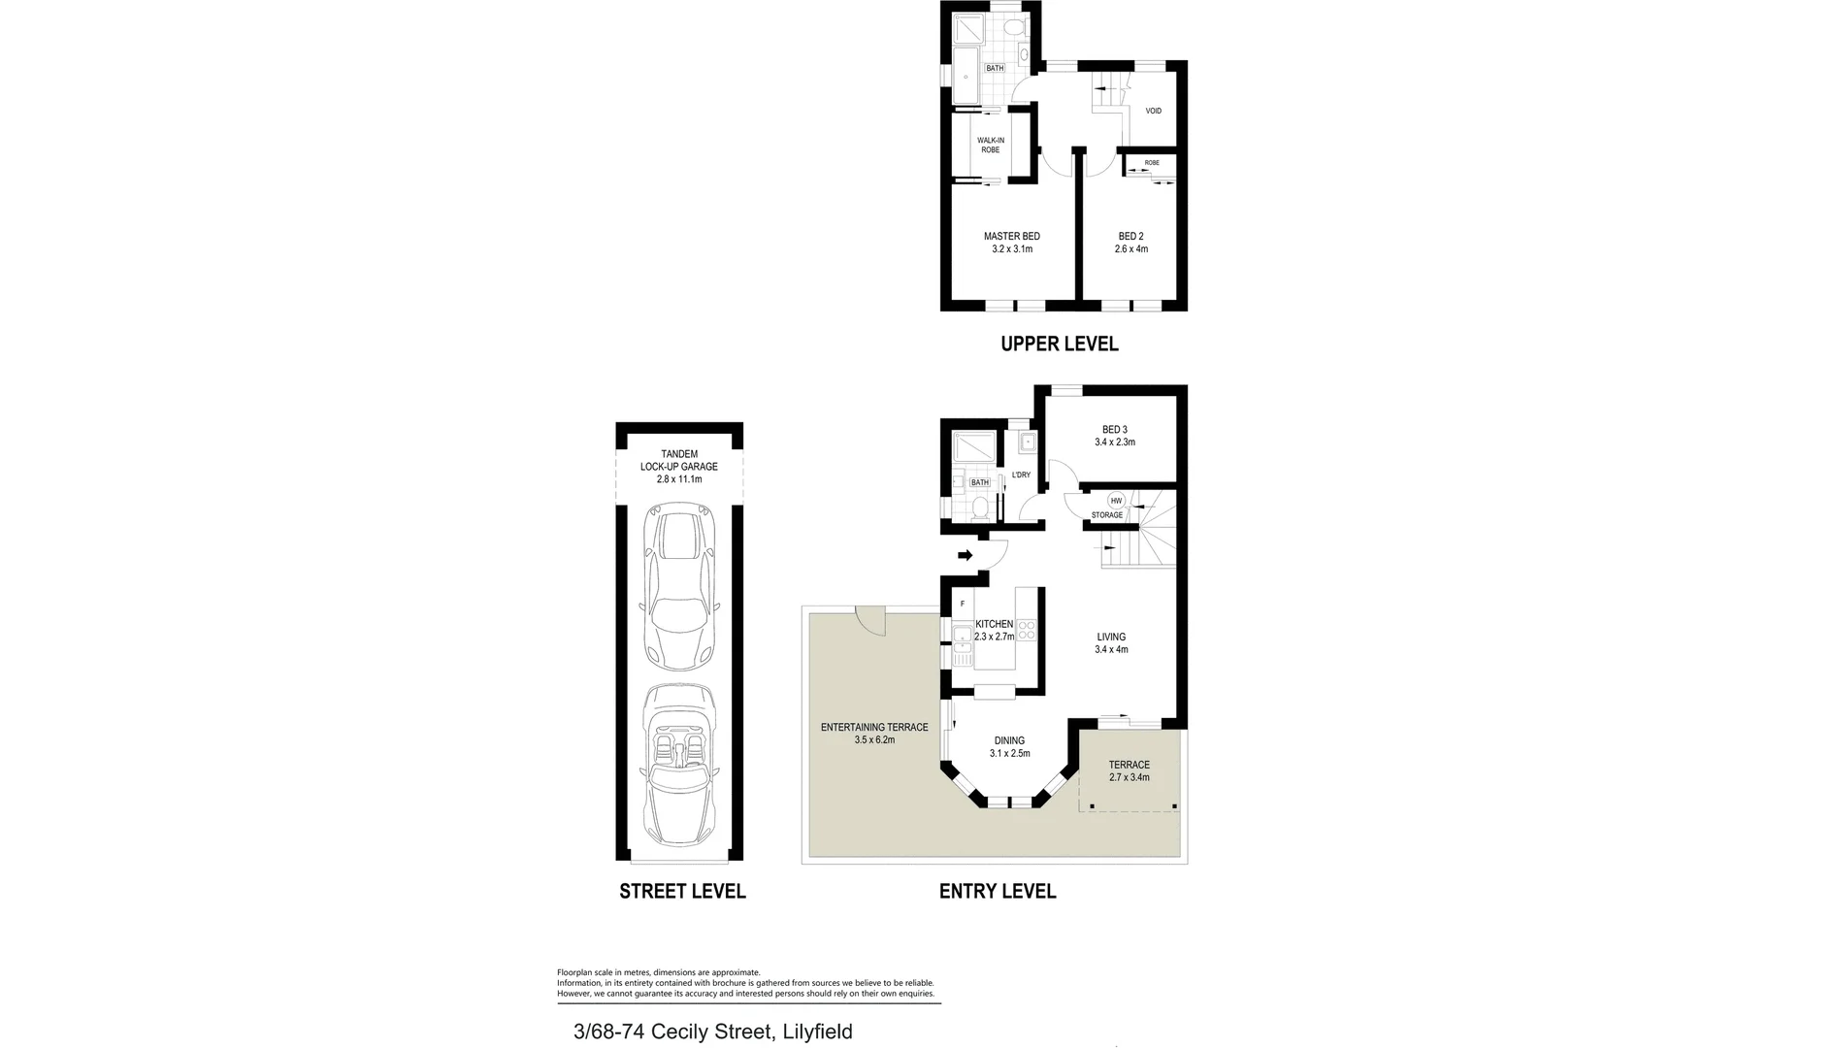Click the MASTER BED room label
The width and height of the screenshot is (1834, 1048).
coord(1011,236)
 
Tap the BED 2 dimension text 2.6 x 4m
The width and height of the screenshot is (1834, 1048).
coord(1130,249)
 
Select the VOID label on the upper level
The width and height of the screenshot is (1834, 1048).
coord(1153,111)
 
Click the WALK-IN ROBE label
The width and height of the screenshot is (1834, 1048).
coord(990,146)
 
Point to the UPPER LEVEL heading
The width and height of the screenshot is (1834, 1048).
coord(1059,344)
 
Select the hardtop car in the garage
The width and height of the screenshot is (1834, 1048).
coord(680,592)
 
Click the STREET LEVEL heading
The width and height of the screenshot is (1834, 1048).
coord(682,891)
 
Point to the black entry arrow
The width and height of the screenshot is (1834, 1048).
coord(965,556)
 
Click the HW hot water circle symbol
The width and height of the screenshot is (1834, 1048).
coord(1116,501)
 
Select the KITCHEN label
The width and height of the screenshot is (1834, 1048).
coord(994,624)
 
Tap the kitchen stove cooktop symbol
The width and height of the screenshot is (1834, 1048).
coord(1027,631)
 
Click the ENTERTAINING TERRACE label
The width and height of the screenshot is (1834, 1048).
coord(874,727)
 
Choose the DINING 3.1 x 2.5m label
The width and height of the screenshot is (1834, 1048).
coord(1009,746)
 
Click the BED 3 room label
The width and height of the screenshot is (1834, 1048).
coord(1114,430)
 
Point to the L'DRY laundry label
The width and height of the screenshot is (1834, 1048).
coord(1021,475)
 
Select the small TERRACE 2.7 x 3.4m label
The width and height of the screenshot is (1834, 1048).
coord(1129,770)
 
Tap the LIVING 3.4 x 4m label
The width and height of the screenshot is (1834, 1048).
coord(1111,643)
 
